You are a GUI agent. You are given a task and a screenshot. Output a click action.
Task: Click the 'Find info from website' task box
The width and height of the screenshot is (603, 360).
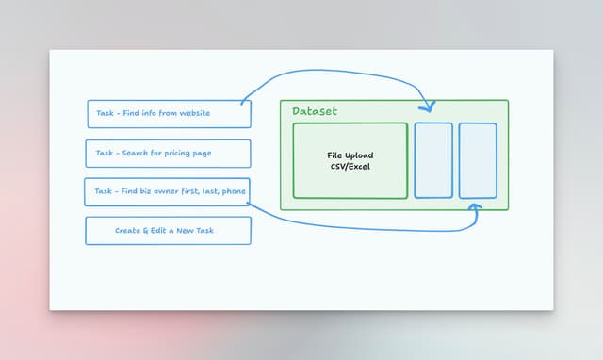(x=169, y=114)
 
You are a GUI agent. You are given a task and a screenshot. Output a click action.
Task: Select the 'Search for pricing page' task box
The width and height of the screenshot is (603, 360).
(x=169, y=154)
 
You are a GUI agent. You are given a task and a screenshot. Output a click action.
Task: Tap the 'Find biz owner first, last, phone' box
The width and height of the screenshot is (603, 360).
(x=169, y=192)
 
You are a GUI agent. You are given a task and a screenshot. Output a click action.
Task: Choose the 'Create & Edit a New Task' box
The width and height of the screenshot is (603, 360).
(x=169, y=231)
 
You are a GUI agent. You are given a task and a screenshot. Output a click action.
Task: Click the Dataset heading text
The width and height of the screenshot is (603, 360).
(x=314, y=111)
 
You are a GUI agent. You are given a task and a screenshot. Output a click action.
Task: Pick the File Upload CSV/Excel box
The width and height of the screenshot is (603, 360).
(x=350, y=160)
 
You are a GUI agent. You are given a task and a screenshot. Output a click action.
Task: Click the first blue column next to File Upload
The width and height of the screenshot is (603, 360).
(x=433, y=160)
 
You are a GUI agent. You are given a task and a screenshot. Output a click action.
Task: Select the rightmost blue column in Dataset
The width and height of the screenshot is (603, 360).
(x=478, y=160)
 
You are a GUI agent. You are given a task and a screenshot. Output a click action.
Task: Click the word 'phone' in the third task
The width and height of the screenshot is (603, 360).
(x=235, y=192)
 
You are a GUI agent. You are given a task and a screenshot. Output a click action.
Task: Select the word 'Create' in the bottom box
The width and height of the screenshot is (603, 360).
(x=128, y=231)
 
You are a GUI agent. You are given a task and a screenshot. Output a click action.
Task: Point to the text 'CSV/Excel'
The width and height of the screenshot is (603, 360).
(x=350, y=167)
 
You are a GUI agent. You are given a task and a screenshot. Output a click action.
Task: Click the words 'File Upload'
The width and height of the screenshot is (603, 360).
(x=350, y=155)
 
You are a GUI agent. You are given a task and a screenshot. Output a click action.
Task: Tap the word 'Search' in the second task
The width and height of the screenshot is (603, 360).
(x=135, y=154)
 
